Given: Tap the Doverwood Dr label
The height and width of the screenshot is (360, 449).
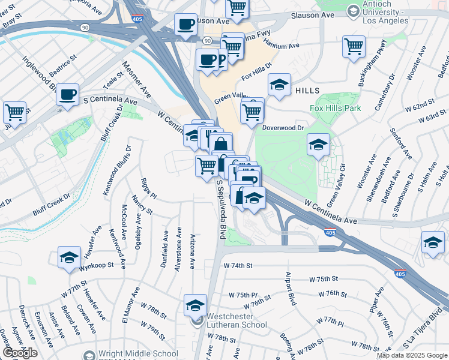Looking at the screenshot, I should [284, 128].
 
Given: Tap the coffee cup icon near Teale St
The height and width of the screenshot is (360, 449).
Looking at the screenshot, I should [68, 94].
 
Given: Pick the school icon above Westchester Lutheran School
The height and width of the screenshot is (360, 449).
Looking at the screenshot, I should [195, 305].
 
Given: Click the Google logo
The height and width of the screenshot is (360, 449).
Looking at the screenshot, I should [20, 353].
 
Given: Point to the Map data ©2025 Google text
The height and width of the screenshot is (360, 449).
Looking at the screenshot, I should [412, 355].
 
